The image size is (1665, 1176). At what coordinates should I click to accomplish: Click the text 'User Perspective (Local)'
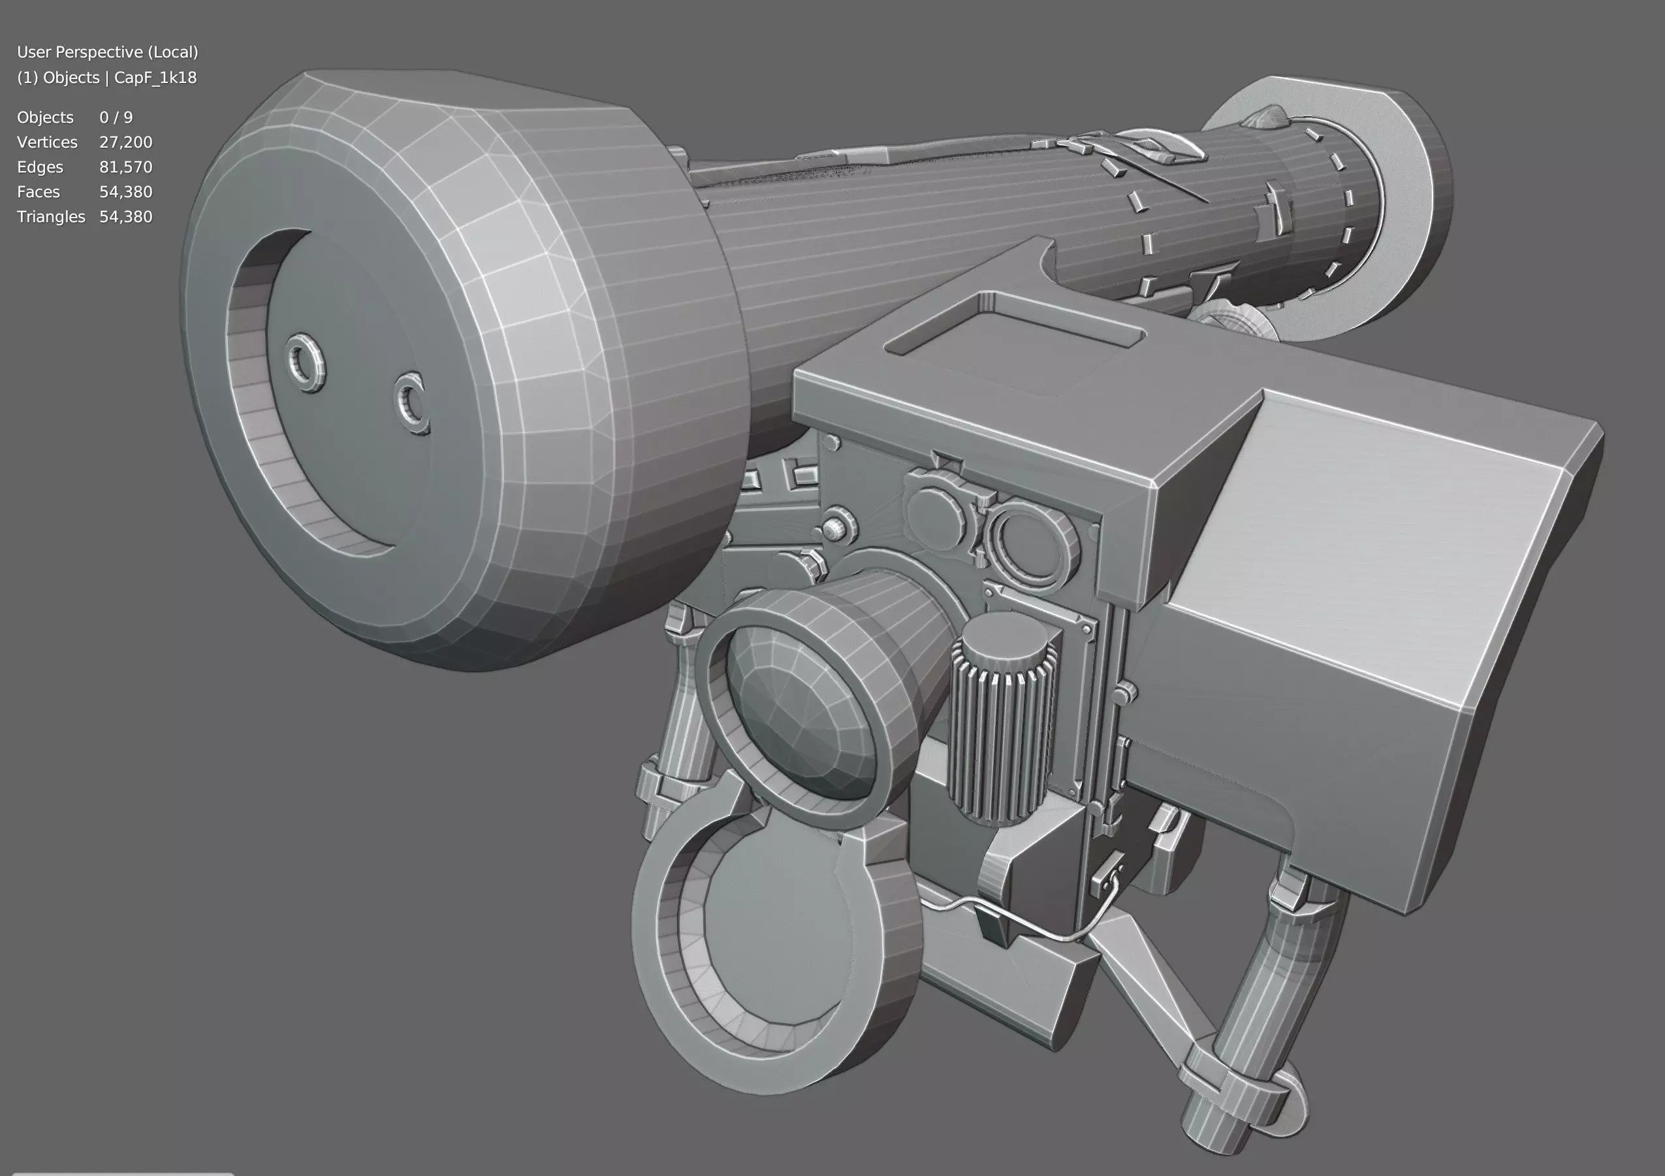coord(107,52)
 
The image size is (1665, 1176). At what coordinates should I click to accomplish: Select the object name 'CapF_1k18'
coord(155,78)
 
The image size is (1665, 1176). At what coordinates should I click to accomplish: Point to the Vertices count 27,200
coord(125,142)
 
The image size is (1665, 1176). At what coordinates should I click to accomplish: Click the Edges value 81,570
coord(125,167)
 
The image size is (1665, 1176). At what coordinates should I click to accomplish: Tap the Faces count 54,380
coord(125,191)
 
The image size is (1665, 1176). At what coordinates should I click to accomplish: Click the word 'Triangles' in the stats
coord(51,216)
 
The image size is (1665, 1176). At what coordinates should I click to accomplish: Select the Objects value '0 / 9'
coord(116,118)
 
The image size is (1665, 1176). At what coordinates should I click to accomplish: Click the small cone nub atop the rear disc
coord(1265,116)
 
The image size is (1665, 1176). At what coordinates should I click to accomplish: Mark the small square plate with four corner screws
coord(1041,617)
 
